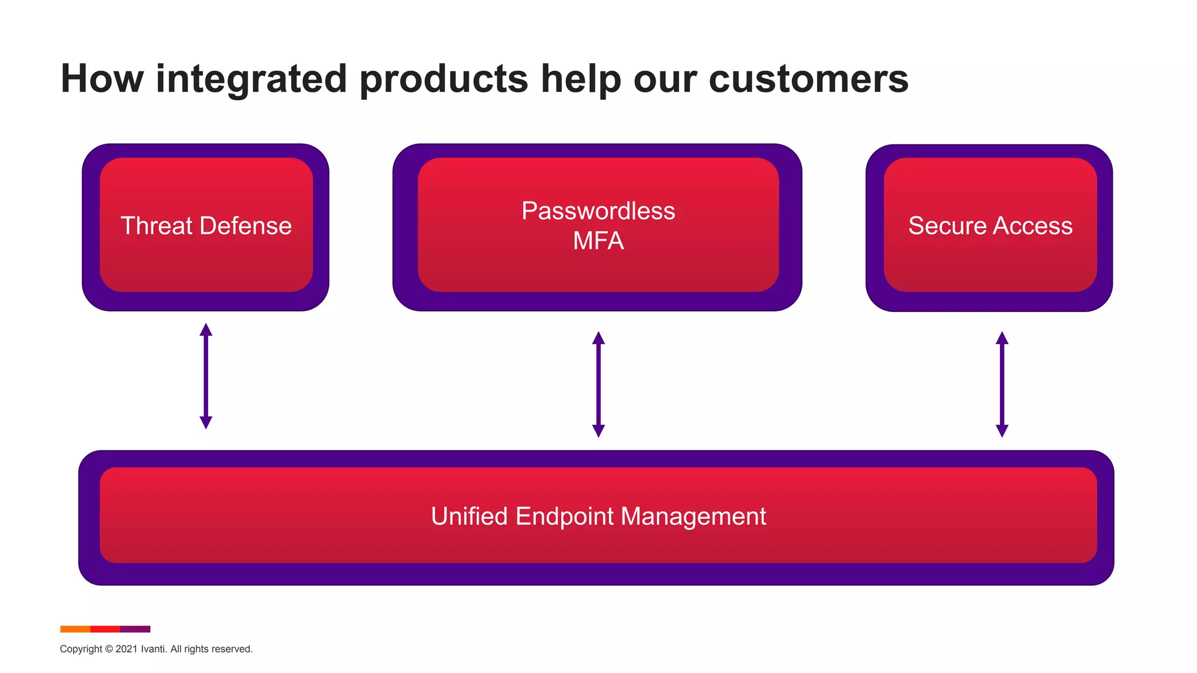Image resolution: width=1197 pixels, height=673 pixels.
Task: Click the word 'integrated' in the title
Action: pyautogui.click(x=251, y=79)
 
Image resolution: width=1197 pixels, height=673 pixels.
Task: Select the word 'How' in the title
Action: pyautogui.click(x=102, y=79)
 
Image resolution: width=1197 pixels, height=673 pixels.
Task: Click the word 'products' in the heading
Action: pyautogui.click(x=444, y=79)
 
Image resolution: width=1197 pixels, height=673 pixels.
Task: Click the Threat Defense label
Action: pyautogui.click(x=206, y=226)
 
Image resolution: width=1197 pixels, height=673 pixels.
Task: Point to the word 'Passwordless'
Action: pyautogui.click(x=598, y=211)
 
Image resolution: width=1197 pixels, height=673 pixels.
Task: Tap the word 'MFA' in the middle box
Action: pyautogui.click(x=598, y=241)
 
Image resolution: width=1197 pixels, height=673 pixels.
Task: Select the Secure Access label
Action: pyautogui.click(x=990, y=226)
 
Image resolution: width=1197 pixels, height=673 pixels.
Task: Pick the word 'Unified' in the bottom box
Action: pyautogui.click(x=469, y=516)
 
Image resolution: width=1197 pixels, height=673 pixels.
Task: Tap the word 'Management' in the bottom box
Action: pyautogui.click(x=693, y=516)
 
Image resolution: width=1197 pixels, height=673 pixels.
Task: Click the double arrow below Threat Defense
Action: pyautogui.click(x=206, y=376)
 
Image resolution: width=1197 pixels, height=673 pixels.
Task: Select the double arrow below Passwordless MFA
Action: pyautogui.click(x=598, y=384)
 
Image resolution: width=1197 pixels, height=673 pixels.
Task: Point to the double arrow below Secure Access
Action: pyautogui.click(x=1002, y=384)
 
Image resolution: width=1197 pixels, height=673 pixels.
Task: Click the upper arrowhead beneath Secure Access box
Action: pyautogui.click(x=1002, y=338)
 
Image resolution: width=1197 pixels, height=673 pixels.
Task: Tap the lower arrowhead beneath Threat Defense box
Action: pyautogui.click(x=206, y=422)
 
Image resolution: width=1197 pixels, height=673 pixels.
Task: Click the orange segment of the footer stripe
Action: pyautogui.click(x=75, y=629)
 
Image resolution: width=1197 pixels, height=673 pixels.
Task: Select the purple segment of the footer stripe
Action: pyautogui.click(x=135, y=629)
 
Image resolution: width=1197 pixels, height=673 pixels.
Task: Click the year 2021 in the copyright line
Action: pyautogui.click(x=126, y=649)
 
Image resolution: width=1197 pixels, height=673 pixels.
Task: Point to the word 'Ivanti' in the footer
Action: pyautogui.click(x=153, y=649)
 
